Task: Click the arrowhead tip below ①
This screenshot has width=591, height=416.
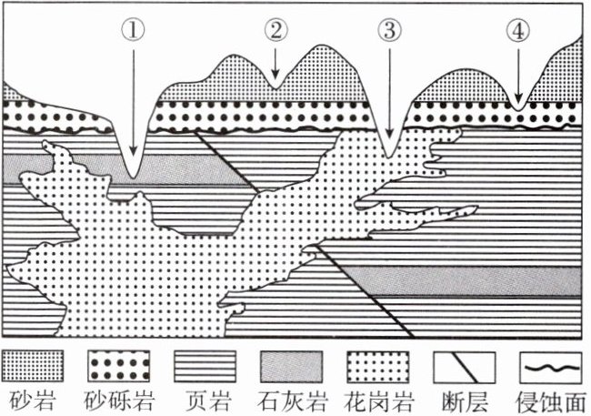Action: pos(134,156)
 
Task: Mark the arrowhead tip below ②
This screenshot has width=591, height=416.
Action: pos(275,78)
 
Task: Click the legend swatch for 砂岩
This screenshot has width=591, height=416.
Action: pos(33,366)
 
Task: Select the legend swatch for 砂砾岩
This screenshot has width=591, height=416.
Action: pos(118,366)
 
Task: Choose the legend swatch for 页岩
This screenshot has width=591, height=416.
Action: pos(205,366)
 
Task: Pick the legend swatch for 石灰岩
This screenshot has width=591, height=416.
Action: pos(292,366)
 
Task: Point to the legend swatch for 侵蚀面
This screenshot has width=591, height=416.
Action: pos(551,366)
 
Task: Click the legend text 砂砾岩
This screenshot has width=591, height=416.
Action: pos(118,401)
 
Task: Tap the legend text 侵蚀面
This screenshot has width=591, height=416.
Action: pos(551,401)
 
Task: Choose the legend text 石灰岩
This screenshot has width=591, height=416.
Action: pos(292,401)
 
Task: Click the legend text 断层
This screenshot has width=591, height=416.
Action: pos(465,401)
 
